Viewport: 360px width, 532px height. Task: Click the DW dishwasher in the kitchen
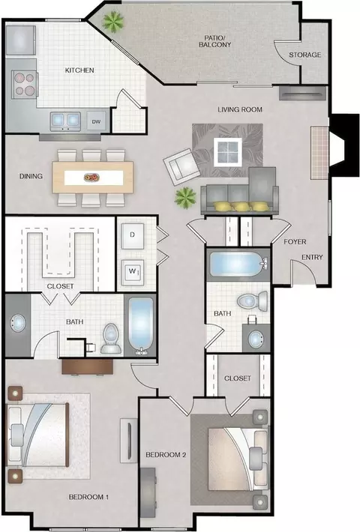[97, 121]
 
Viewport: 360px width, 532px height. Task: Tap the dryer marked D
[133, 235]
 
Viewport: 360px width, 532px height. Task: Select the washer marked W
[133, 271]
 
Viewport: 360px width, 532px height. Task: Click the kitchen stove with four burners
[25, 85]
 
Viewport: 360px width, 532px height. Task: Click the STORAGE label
[304, 55]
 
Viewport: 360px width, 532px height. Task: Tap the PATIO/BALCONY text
[214, 41]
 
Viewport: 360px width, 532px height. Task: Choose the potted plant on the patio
[113, 22]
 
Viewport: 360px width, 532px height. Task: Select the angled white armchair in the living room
[181, 166]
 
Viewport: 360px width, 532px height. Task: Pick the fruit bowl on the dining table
[91, 177]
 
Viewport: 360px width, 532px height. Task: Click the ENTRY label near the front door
[312, 257]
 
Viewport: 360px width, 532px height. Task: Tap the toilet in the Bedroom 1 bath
[111, 338]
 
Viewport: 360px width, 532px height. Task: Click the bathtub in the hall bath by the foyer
[238, 265]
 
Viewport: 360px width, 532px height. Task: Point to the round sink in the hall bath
[256, 339]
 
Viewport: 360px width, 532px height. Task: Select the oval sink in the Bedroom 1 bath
[18, 324]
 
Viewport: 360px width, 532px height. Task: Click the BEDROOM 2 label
[166, 455]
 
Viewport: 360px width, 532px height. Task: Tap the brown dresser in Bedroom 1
[87, 367]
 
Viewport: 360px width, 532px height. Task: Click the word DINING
[31, 176]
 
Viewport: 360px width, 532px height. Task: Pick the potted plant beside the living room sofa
[185, 198]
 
